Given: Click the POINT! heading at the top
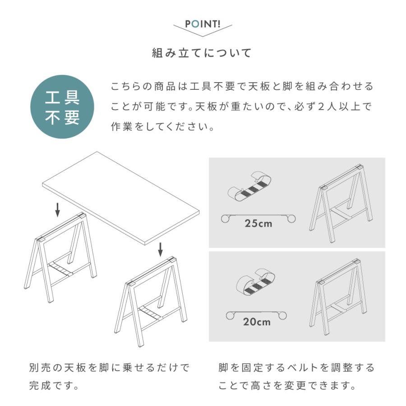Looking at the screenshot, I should pyautogui.click(x=203, y=24).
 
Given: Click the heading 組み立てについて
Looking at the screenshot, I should pyautogui.click(x=203, y=53).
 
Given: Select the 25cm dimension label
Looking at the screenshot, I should pyautogui.click(x=258, y=223).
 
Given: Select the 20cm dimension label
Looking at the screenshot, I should pyautogui.click(x=257, y=322).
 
